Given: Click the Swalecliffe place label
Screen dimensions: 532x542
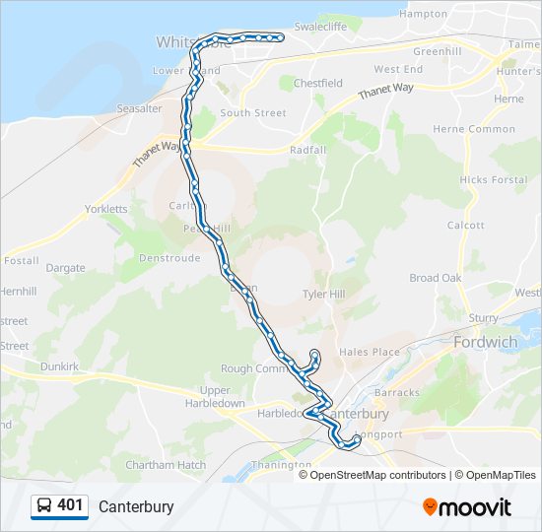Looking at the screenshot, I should [345, 27].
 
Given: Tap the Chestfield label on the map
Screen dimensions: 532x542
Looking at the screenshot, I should [317, 84].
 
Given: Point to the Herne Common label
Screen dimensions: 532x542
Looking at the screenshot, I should [478, 129].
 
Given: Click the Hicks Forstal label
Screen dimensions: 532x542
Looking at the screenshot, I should [493, 180].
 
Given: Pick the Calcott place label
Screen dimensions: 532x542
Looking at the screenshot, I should [465, 225].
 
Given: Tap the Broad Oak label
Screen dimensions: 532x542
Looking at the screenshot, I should [435, 278].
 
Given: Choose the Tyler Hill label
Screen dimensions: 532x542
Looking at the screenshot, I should [323, 295].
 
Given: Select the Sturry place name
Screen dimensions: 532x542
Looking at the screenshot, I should [483, 317].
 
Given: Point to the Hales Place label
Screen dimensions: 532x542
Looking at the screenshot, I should [369, 352].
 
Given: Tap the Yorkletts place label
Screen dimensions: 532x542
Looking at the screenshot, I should [106, 209].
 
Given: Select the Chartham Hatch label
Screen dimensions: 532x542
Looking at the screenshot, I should [166, 465].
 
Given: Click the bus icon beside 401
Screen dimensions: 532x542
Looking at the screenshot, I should [44, 506].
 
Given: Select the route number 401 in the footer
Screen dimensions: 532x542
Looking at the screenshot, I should [71, 505].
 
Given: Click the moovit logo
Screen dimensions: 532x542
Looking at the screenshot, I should [467, 506].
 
